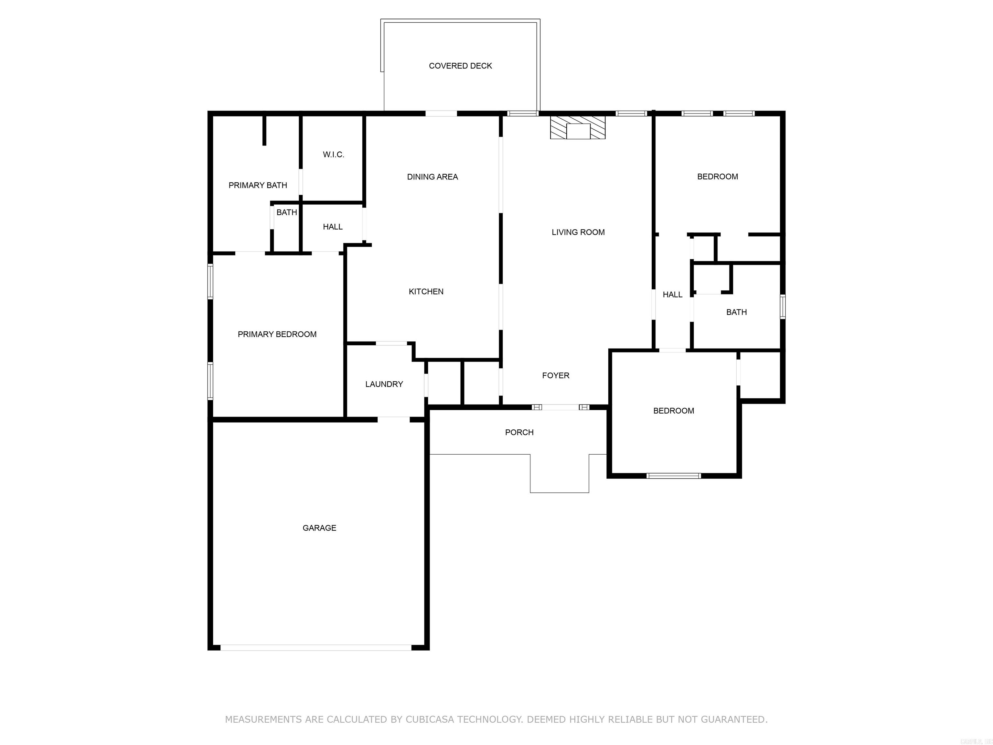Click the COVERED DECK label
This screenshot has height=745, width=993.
460,66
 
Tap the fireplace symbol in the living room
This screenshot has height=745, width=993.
578,128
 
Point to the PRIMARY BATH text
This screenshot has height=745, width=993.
258,185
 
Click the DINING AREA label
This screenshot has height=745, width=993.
432,177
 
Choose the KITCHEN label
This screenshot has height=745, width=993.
426,291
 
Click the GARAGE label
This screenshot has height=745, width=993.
319,528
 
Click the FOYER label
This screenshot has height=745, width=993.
555,375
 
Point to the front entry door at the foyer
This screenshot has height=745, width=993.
560,407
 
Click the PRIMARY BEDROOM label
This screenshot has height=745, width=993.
277,334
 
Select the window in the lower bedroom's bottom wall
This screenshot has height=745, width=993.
673,476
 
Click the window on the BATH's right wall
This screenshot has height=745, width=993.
783,307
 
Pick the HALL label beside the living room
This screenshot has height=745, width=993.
672,295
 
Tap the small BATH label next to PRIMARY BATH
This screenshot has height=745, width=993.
286,212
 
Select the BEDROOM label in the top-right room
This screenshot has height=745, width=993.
717,177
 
